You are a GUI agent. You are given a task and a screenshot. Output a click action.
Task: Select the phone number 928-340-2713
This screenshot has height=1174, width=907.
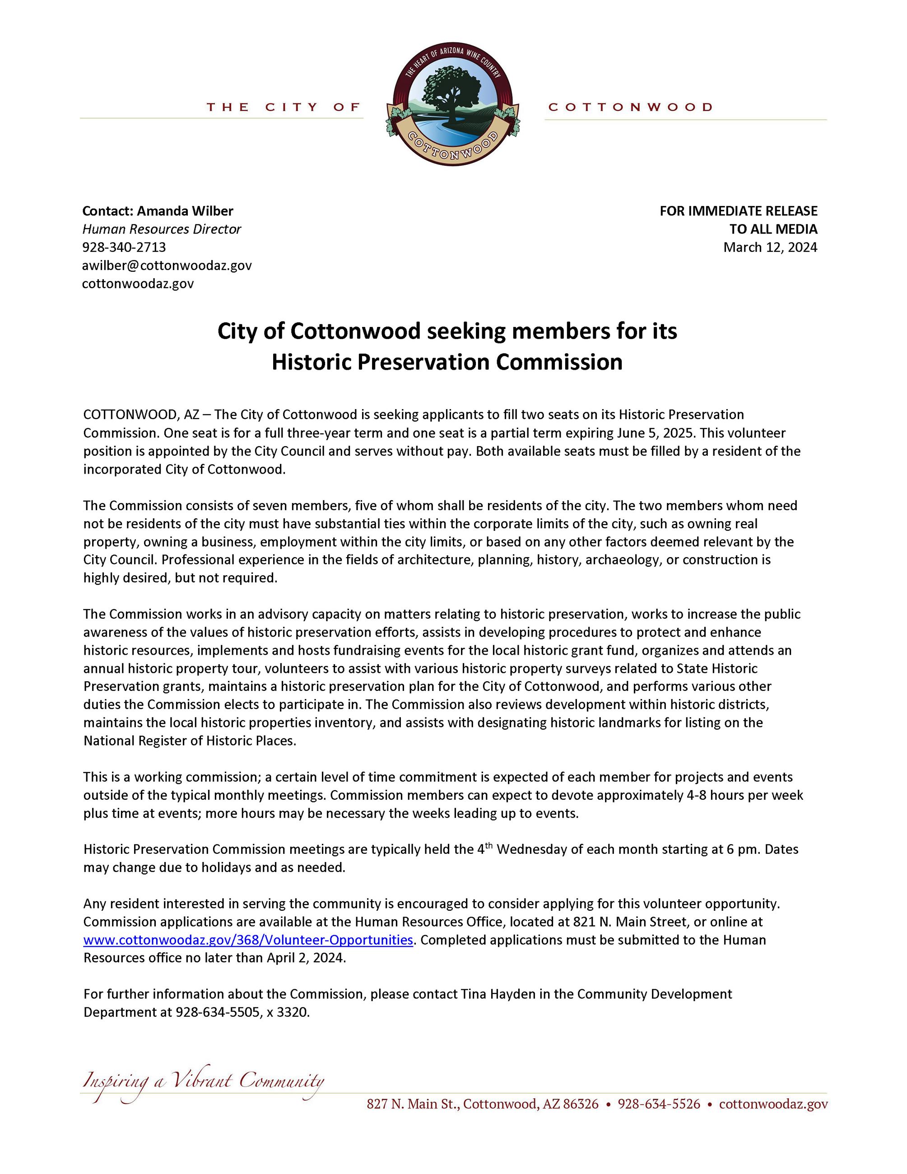(124, 247)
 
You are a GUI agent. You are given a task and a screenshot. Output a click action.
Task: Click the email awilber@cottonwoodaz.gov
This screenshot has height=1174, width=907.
(167, 265)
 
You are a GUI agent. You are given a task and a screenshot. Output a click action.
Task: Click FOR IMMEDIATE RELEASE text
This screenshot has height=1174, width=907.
(738, 211)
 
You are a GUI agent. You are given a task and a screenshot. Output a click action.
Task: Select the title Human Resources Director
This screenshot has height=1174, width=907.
(161, 229)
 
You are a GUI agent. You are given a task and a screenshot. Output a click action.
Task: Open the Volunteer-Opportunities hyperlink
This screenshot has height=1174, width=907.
(248, 940)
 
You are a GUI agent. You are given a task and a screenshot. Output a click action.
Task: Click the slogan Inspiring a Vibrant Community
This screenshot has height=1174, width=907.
(203, 1081)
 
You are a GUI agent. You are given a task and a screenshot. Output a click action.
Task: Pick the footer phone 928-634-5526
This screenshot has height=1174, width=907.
(659, 1104)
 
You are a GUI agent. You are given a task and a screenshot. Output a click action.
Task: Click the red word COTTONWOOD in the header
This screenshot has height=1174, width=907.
(630, 107)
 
